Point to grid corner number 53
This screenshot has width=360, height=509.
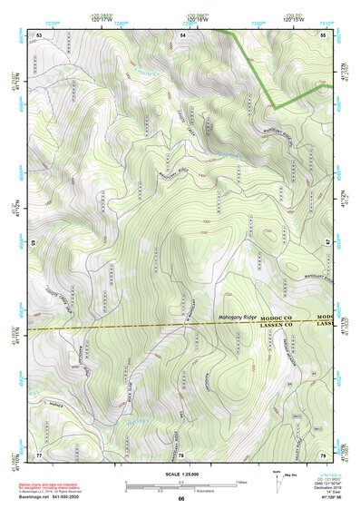[x=40, y=34]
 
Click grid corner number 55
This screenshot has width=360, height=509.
[x=323, y=34]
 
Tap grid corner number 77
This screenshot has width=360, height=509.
[x=39, y=455]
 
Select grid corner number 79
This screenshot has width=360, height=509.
[x=323, y=455]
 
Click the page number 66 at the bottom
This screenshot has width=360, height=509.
[x=180, y=498]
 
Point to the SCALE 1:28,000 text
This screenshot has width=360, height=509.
[x=180, y=475]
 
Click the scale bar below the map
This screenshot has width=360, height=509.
[x=181, y=485]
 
